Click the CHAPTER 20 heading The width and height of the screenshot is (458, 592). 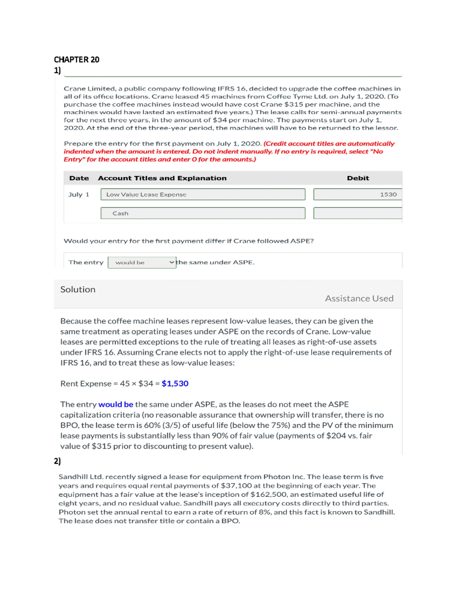pyautogui.click(x=76, y=59)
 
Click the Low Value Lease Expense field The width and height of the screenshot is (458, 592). pyautogui.click(x=203, y=194)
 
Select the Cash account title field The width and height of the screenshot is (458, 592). pyautogui.click(x=203, y=213)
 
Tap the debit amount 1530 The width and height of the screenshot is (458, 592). pyautogui.click(x=388, y=194)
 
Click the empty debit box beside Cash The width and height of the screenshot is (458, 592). pyautogui.click(x=357, y=213)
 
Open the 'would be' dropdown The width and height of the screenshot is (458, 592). pyautogui.click(x=142, y=263)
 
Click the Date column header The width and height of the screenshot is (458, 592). pyautogui.click(x=79, y=178)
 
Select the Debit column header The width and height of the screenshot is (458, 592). pyautogui.click(x=358, y=178)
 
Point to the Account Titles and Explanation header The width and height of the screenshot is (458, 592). pyautogui.click(x=162, y=178)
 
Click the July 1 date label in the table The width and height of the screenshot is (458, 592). pyautogui.click(x=79, y=194)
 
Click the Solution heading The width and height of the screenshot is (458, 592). pyautogui.click(x=78, y=289)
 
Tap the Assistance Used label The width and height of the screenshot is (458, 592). pyautogui.click(x=359, y=298)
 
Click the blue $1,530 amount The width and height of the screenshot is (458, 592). pyautogui.click(x=175, y=383)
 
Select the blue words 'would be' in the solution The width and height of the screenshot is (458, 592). pyautogui.click(x=116, y=404)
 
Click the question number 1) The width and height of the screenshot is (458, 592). pyautogui.click(x=57, y=70)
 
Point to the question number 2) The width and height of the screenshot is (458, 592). pyautogui.click(x=57, y=461)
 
